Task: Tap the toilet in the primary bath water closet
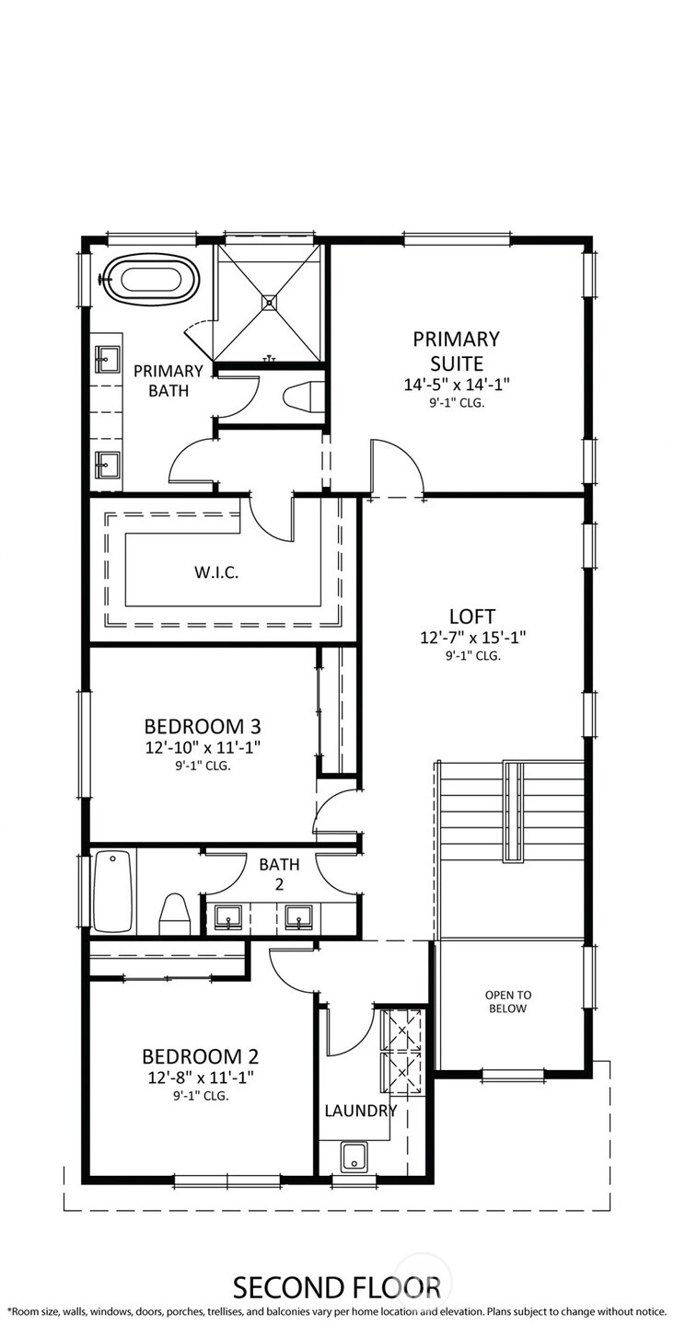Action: pos(304,396)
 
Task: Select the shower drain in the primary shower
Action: pos(269,302)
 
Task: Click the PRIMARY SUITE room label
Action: pos(456,351)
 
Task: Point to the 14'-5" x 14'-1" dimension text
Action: pos(456,385)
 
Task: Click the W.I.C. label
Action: pos(216,572)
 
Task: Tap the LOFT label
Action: pos(471,616)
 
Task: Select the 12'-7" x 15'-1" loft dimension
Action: pos(472,638)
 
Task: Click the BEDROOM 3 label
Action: pos(203,726)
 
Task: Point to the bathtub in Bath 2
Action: pos(112,892)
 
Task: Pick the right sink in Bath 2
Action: pos(299,916)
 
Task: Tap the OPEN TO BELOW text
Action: pos(507,1001)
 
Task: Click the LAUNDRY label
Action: pos(360,1111)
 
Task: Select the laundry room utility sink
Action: pos(354,1157)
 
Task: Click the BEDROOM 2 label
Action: pos(201,1056)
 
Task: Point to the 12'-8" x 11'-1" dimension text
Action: pos(201,1077)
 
